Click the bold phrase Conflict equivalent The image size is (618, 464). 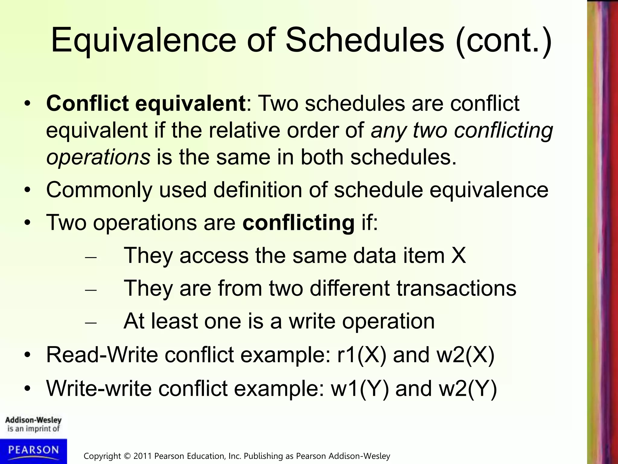pos(146,103)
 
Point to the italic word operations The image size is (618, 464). pos(98,157)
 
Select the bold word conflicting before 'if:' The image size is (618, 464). pos(298,223)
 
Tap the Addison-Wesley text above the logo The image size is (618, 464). pos(33,420)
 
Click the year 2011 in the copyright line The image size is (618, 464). pos(143,456)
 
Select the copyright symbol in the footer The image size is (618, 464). pos(127,456)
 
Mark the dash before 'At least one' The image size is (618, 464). pos(91,322)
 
